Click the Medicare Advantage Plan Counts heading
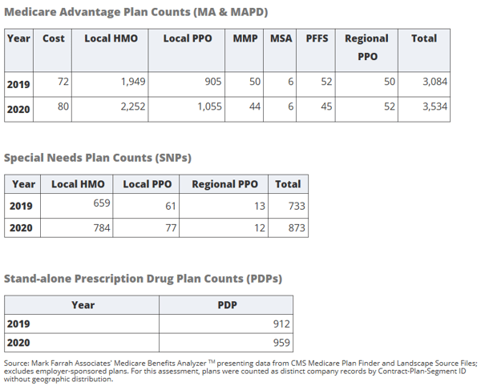(136, 12)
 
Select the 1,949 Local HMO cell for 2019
(133, 82)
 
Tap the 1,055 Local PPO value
(209, 107)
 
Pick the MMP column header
(245, 38)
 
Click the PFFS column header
(317, 38)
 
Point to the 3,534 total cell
(435, 107)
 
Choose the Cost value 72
(63, 82)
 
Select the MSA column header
(281, 38)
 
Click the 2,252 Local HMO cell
(133, 107)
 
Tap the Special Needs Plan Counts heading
(98, 158)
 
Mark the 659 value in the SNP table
(102, 203)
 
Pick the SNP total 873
(297, 228)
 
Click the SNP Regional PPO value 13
(260, 206)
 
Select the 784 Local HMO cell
(102, 228)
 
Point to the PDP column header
(228, 305)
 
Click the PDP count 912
(281, 324)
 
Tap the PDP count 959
(281, 343)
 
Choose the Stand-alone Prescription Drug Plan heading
(143, 279)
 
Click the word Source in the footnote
(17, 364)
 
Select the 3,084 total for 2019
(435, 82)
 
